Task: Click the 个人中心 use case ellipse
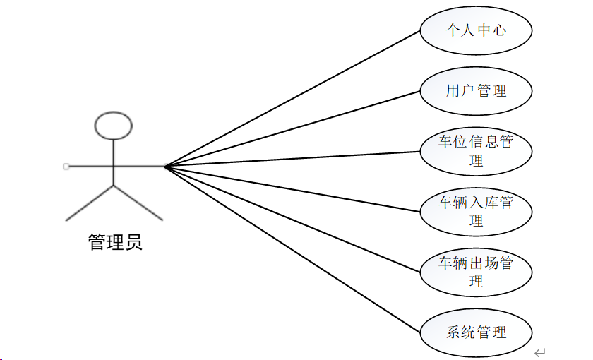click(x=476, y=30)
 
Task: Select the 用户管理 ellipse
click(x=476, y=91)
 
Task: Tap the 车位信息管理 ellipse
click(x=476, y=151)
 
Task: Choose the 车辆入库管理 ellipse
click(x=476, y=211)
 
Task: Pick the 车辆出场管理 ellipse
click(x=476, y=272)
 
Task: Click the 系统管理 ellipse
click(x=476, y=332)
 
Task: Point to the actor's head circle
click(x=113, y=125)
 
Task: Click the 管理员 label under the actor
click(x=115, y=243)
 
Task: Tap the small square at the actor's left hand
click(x=66, y=167)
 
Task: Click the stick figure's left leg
click(x=89, y=203)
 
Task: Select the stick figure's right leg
click(x=138, y=203)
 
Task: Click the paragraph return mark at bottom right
click(x=540, y=352)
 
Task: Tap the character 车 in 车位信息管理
click(x=445, y=142)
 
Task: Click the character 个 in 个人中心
click(x=453, y=30)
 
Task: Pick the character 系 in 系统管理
click(x=453, y=332)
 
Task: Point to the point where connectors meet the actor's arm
click(x=164, y=167)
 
